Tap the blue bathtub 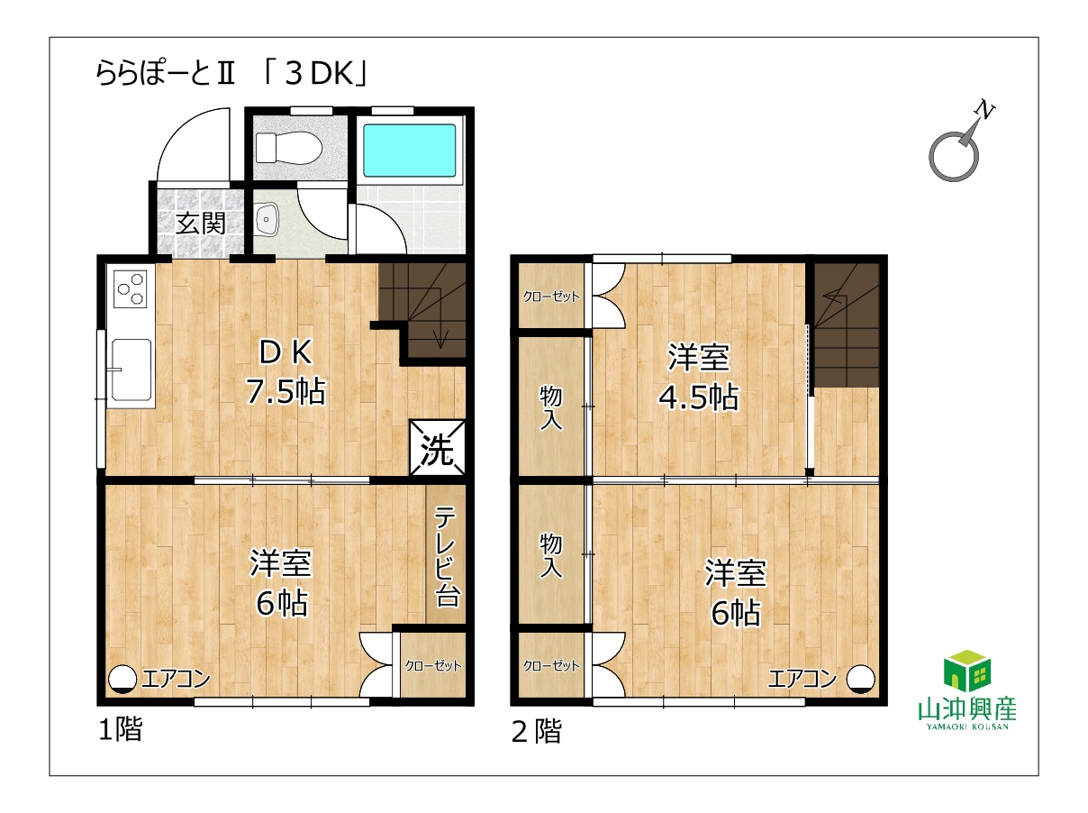click(410, 151)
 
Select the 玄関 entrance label click(201, 224)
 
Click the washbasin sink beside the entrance click(267, 220)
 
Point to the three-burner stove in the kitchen click(131, 289)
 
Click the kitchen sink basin click(131, 370)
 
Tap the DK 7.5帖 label click(286, 372)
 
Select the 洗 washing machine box click(437, 447)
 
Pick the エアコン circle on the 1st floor click(122, 679)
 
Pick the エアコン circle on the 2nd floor click(860, 679)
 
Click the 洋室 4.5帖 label click(698, 378)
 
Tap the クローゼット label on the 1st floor click(433, 666)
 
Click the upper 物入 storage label click(550, 408)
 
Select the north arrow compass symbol click(959, 146)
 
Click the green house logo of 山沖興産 click(967, 671)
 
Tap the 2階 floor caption click(536, 732)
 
